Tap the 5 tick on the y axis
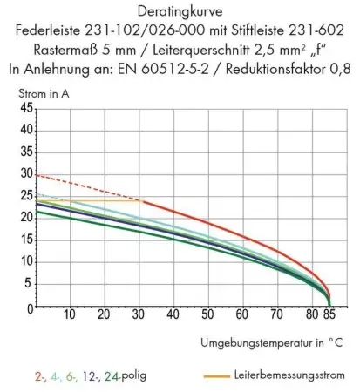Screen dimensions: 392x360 29,286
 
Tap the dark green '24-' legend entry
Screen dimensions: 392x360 109,375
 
